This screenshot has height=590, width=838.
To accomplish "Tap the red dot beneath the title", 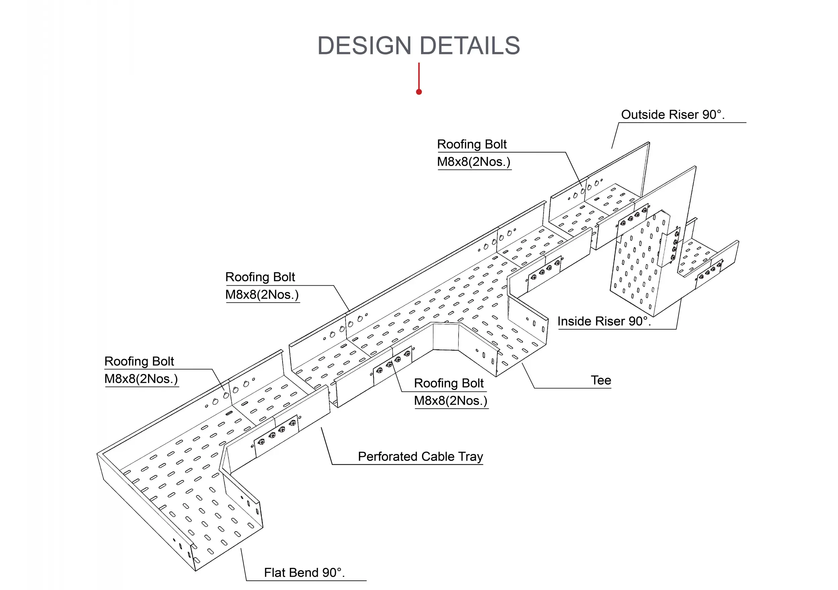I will click(x=419, y=92).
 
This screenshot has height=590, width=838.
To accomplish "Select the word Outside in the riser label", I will click(x=643, y=115).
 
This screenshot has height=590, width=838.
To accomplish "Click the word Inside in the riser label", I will click(x=575, y=321).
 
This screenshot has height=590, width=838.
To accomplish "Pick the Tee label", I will click(x=601, y=380).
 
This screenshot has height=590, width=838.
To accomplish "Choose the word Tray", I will click(x=471, y=457).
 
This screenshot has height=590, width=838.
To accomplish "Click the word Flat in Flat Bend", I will click(x=275, y=573).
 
